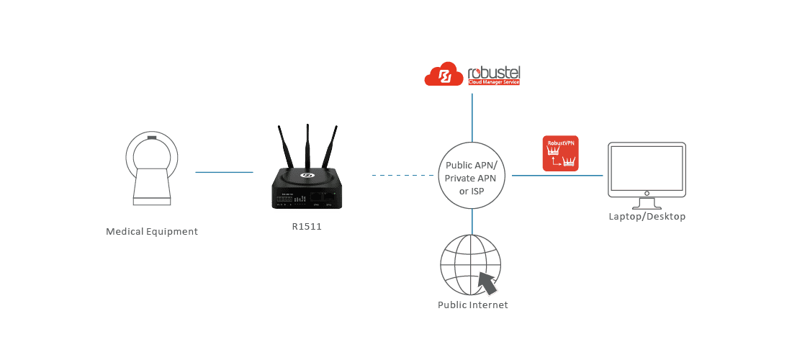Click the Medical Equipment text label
(x=152, y=233)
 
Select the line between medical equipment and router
(x=224, y=172)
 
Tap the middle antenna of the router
(x=307, y=147)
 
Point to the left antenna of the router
(x=285, y=152)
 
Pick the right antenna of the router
(x=330, y=151)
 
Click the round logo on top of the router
(x=306, y=174)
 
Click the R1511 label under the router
(x=306, y=228)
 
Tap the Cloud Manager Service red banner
(x=493, y=83)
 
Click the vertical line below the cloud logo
(x=472, y=115)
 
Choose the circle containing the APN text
(x=472, y=175)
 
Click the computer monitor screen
(x=646, y=168)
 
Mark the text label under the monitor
(x=646, y=217)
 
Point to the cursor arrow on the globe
(x=489, y=283)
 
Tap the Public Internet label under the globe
(x=472, y=306)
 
